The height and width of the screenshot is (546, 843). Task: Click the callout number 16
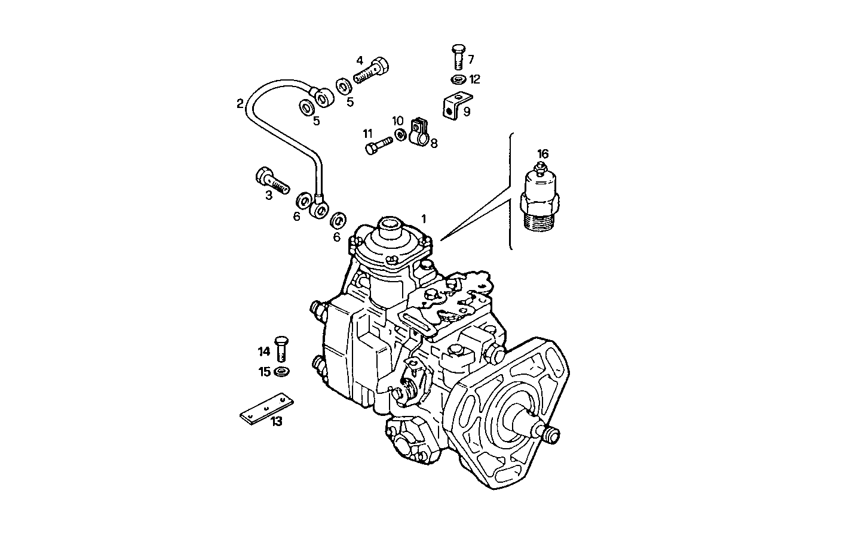pyautogui.click(x=542, y=154)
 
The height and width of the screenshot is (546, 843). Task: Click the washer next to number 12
pyautogui.click(x=458, y=79)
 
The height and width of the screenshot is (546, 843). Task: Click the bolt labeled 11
pyautogui.click(x=377, y=145)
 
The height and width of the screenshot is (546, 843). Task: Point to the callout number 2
pyautogui.click(x=240, y=104)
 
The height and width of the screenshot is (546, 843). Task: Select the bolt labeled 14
pyautogui.click(x=281, y=348)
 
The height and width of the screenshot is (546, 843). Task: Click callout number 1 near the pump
pyautogui.click(x=424, y=218)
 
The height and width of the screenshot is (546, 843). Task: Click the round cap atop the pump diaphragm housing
pyautogui.click(x=388, y=227)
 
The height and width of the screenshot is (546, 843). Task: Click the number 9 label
pyautogui.click(x=467, y=111)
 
